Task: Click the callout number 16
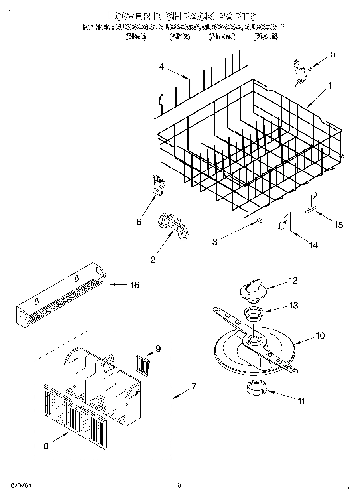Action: tap(134, 285)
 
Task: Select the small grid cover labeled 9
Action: tap(142, 363)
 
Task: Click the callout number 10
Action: tap(320, 335)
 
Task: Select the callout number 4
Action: tap(161, 67)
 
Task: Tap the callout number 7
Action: tap(193, 387)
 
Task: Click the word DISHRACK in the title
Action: tap(179, 16)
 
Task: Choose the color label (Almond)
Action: tap(222, 37)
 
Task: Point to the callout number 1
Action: tap(329, 85)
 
